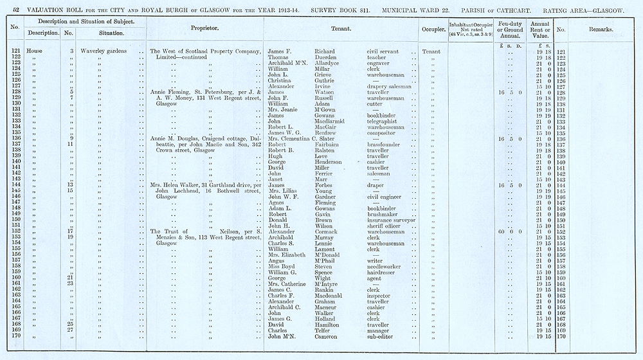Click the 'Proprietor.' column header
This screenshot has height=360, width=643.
[x=205, y=29]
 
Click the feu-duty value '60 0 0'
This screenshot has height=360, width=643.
[x=508, y=231]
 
